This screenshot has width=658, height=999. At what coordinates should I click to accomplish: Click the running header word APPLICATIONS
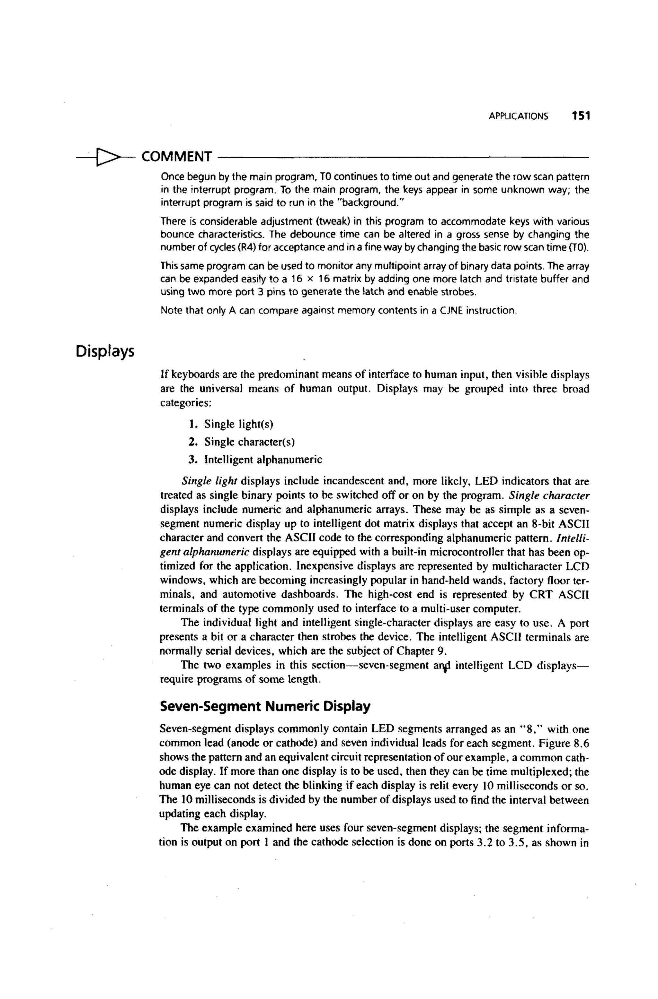pyautogui.click(x=518, y=116)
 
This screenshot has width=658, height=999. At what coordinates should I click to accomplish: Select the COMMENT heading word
pyautogui.click(x=176, y=157)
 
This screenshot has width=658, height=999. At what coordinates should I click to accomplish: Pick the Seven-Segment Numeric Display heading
pyautogui.click(x=265, y=706)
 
